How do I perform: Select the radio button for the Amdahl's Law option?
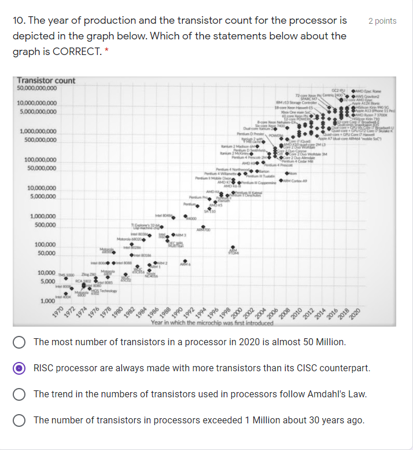tap(20, 394)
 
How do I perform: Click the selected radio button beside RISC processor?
tap(20, 368)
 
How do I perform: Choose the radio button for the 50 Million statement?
tap(20, 342)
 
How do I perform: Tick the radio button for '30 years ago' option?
tap(20, 420)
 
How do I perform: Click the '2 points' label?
tap(382, 21)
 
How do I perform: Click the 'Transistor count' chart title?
tap(46, 81)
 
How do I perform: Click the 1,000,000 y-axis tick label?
tap(42, 217)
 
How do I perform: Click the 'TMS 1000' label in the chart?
tap(67, 275)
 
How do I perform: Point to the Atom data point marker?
tap(286, 174)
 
